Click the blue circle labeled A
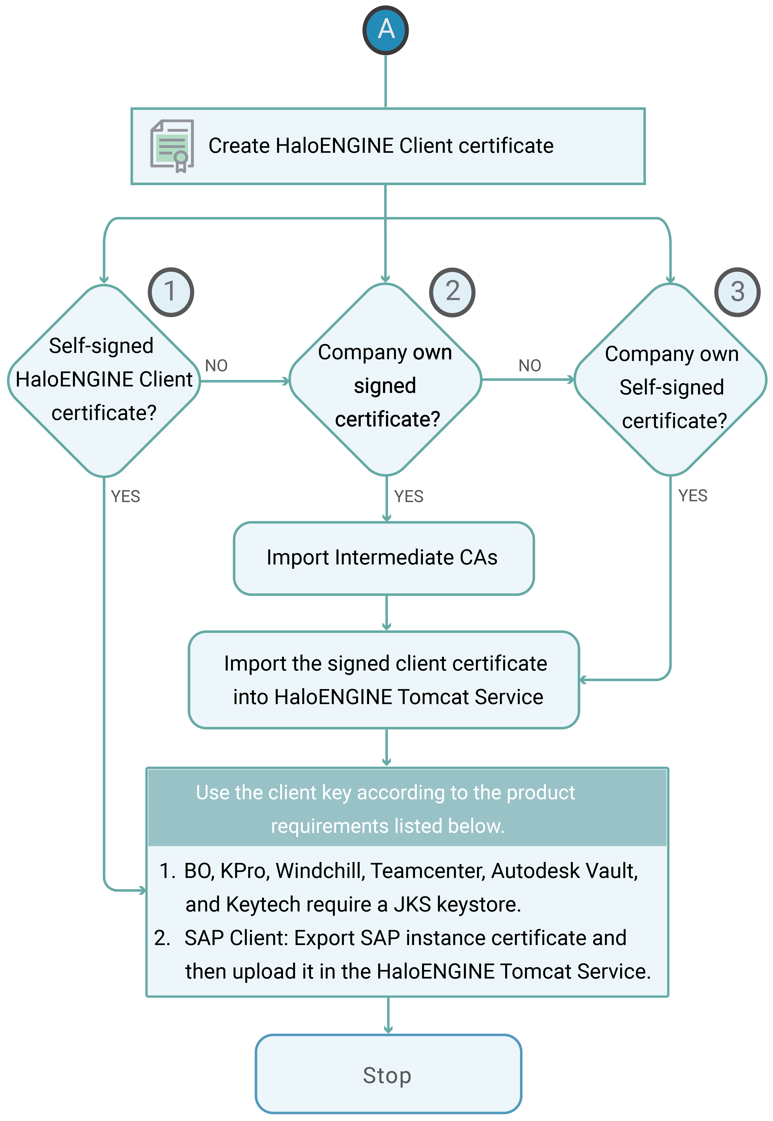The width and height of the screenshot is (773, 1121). (386, 30)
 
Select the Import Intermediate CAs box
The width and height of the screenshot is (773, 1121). (384, 558)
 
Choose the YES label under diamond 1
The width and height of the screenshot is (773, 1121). (125, 497)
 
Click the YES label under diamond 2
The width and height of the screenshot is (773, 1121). (409, 497)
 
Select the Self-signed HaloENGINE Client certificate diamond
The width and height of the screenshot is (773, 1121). (104, 380)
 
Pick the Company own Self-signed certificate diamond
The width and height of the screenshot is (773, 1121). (671, 380)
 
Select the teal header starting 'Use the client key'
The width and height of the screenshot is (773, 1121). (407, 808)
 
